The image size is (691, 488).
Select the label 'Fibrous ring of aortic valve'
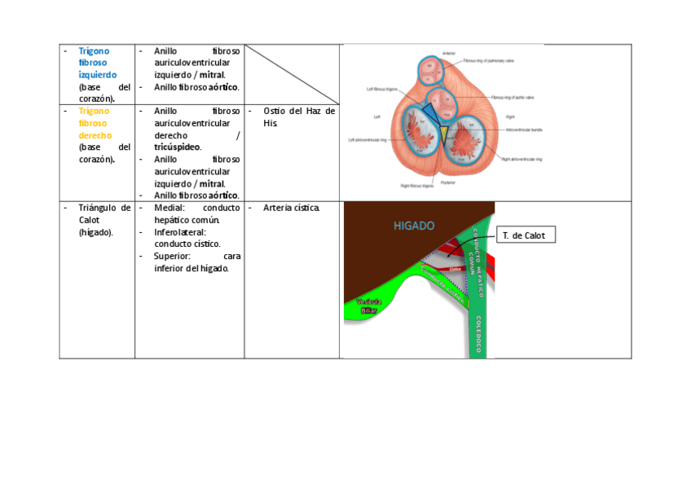[513, 97]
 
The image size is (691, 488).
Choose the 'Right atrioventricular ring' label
[522, 159]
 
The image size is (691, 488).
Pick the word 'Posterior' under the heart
[448, 182]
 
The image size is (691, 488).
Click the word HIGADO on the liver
[414, 226]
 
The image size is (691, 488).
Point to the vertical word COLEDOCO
[479, 334]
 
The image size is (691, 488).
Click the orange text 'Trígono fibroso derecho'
[95, 123]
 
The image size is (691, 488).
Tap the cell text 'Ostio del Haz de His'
[298, 117]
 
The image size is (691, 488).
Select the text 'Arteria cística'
[291, 208]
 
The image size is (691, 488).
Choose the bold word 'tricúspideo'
[177, 147]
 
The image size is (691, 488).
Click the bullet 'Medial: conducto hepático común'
[196, 213]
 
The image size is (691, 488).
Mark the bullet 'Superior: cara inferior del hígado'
[196, 262]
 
